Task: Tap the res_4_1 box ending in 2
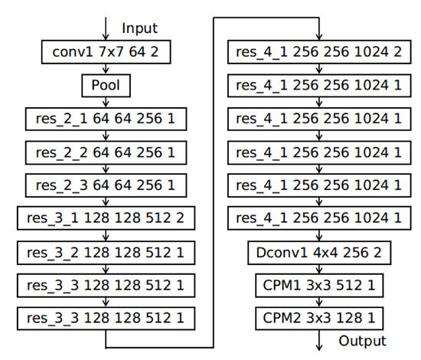click(315, 53)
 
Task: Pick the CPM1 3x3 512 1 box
click(315, 284)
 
